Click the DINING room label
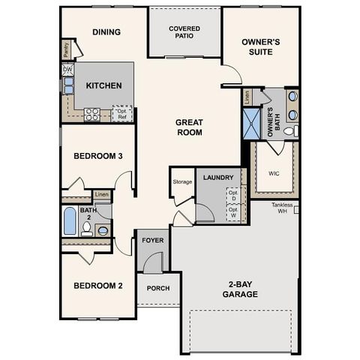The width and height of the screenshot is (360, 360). tap(107, 31)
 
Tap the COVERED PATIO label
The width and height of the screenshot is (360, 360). tap(184, 31)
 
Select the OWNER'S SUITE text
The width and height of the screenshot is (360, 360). tap(261, 46)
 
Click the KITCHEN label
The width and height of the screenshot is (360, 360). tap(103, 85)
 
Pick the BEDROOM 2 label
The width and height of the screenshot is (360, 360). tap(98, 286)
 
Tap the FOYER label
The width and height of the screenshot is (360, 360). tap(153, 241)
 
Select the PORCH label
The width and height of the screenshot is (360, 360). tap(157, 288)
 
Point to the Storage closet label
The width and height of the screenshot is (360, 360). tap(182, 181)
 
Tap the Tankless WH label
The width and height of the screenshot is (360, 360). tap(285, 207)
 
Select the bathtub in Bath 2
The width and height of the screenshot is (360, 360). tap(70, 221)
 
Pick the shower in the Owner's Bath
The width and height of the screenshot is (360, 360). tap(250, 123)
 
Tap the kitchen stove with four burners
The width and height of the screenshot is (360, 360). tap(92, 114)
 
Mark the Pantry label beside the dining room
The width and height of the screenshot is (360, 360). tap(66, 49)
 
